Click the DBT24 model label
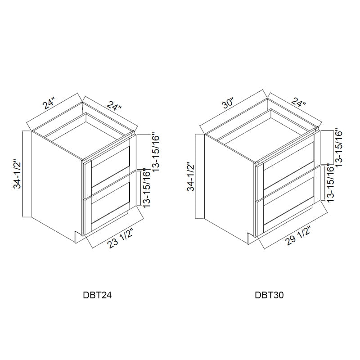pyautogui.click(x=97, y=295)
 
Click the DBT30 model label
pyautogui.click(x=269, y=295)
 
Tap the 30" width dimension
pyautogui.click(x=228, y=104)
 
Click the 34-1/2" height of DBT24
pyautogui.click(x=17, y=174)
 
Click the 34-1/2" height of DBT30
pyautogui.click(x=191, y=177)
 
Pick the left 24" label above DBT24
pyautogui.click(x=49, y=103)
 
